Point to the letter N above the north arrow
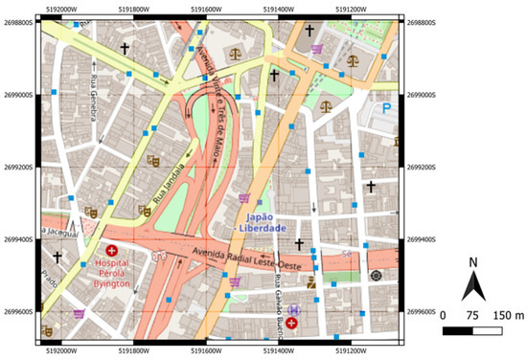click(473, 261)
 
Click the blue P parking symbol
click(388, 109)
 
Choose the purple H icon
click(293, 310)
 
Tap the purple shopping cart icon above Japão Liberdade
click(243, 198)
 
